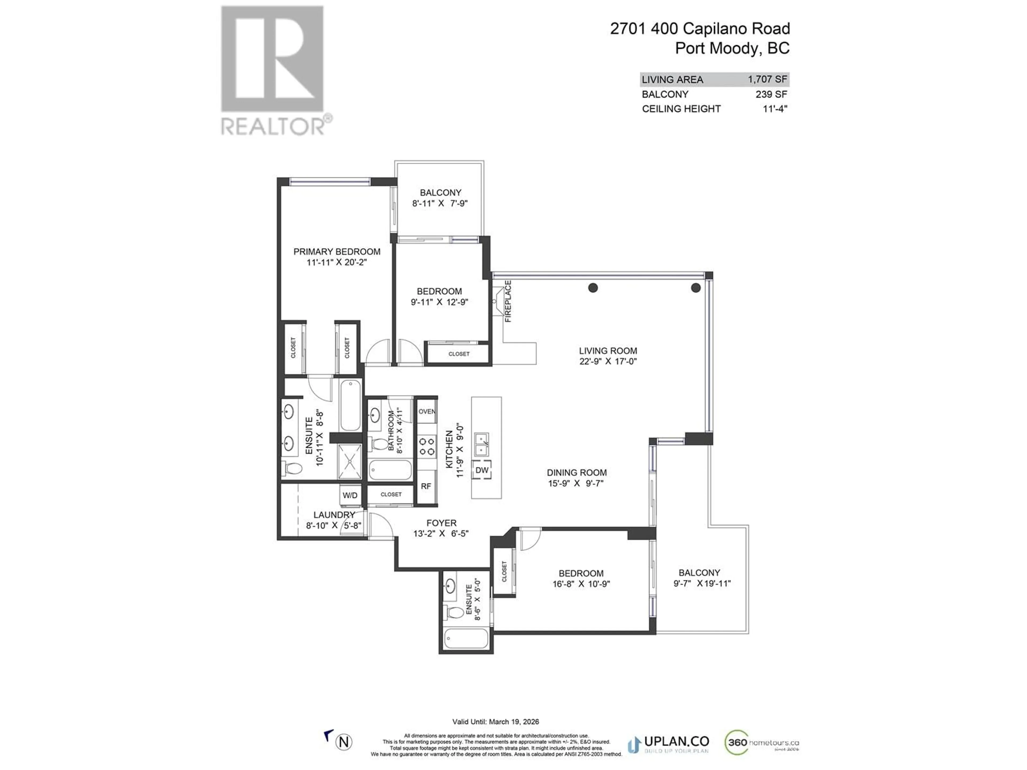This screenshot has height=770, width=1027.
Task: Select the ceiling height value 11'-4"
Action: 775,109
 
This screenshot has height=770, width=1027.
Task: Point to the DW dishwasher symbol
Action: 482,470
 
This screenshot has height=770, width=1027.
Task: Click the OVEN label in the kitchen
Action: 427,411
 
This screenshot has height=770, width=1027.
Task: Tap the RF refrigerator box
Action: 426,486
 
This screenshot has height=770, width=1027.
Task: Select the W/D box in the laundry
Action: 350,495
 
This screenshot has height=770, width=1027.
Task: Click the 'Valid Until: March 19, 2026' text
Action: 495,722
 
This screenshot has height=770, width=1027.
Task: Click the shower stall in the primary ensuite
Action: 349,461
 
